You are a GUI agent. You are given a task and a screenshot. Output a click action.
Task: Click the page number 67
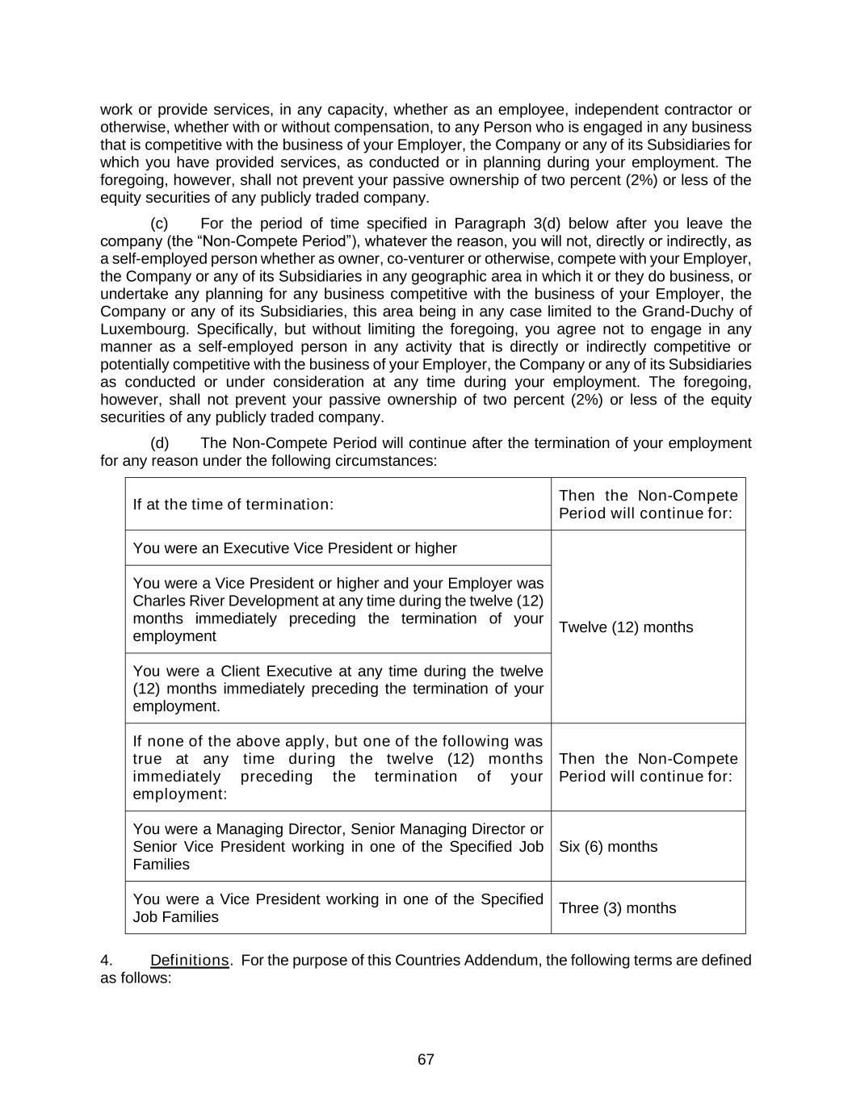(426, 1059)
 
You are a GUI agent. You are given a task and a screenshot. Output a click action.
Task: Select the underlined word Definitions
(190, 960)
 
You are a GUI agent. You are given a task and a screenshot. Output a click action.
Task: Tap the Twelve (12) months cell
(626, 627)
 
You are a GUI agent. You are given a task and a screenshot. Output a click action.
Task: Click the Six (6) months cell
(608, 846)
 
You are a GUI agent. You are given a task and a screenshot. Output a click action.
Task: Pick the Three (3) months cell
(617, 907)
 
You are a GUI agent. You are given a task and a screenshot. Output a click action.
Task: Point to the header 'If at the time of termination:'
(233, 505)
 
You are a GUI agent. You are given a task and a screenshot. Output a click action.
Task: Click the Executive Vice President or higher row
(295, 548)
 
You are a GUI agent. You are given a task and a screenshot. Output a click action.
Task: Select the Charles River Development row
(338, 610)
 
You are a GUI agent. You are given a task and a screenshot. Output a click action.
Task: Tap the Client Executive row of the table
(338, 689)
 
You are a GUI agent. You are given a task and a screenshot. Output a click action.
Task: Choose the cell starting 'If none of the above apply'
(338, 767)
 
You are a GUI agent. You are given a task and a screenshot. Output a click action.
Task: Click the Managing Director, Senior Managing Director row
(338, 846)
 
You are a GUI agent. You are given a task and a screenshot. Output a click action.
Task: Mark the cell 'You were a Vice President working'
(338, 907)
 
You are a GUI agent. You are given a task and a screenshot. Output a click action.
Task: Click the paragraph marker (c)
(159, 224)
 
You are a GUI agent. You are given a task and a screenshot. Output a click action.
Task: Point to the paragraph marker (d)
(159, 443)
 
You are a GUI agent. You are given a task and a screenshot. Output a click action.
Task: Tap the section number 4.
(106, 960)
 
